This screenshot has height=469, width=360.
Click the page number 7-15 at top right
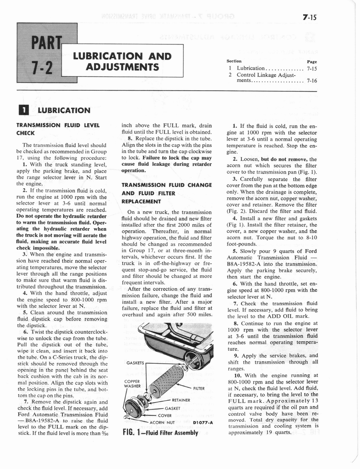tap(310, 18)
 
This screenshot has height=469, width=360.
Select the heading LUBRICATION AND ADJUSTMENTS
tap(122, 62)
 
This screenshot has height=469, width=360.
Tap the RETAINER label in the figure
tap(182, 399)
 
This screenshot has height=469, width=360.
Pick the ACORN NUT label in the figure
tap(170, 422)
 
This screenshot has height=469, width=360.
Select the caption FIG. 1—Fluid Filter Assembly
tap(160, 433)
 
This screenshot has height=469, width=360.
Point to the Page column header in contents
tap(311, 61)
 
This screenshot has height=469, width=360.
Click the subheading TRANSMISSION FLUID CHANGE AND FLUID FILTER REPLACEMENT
tap(166, 193)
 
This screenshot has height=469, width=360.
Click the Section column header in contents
tap(235, 61)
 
